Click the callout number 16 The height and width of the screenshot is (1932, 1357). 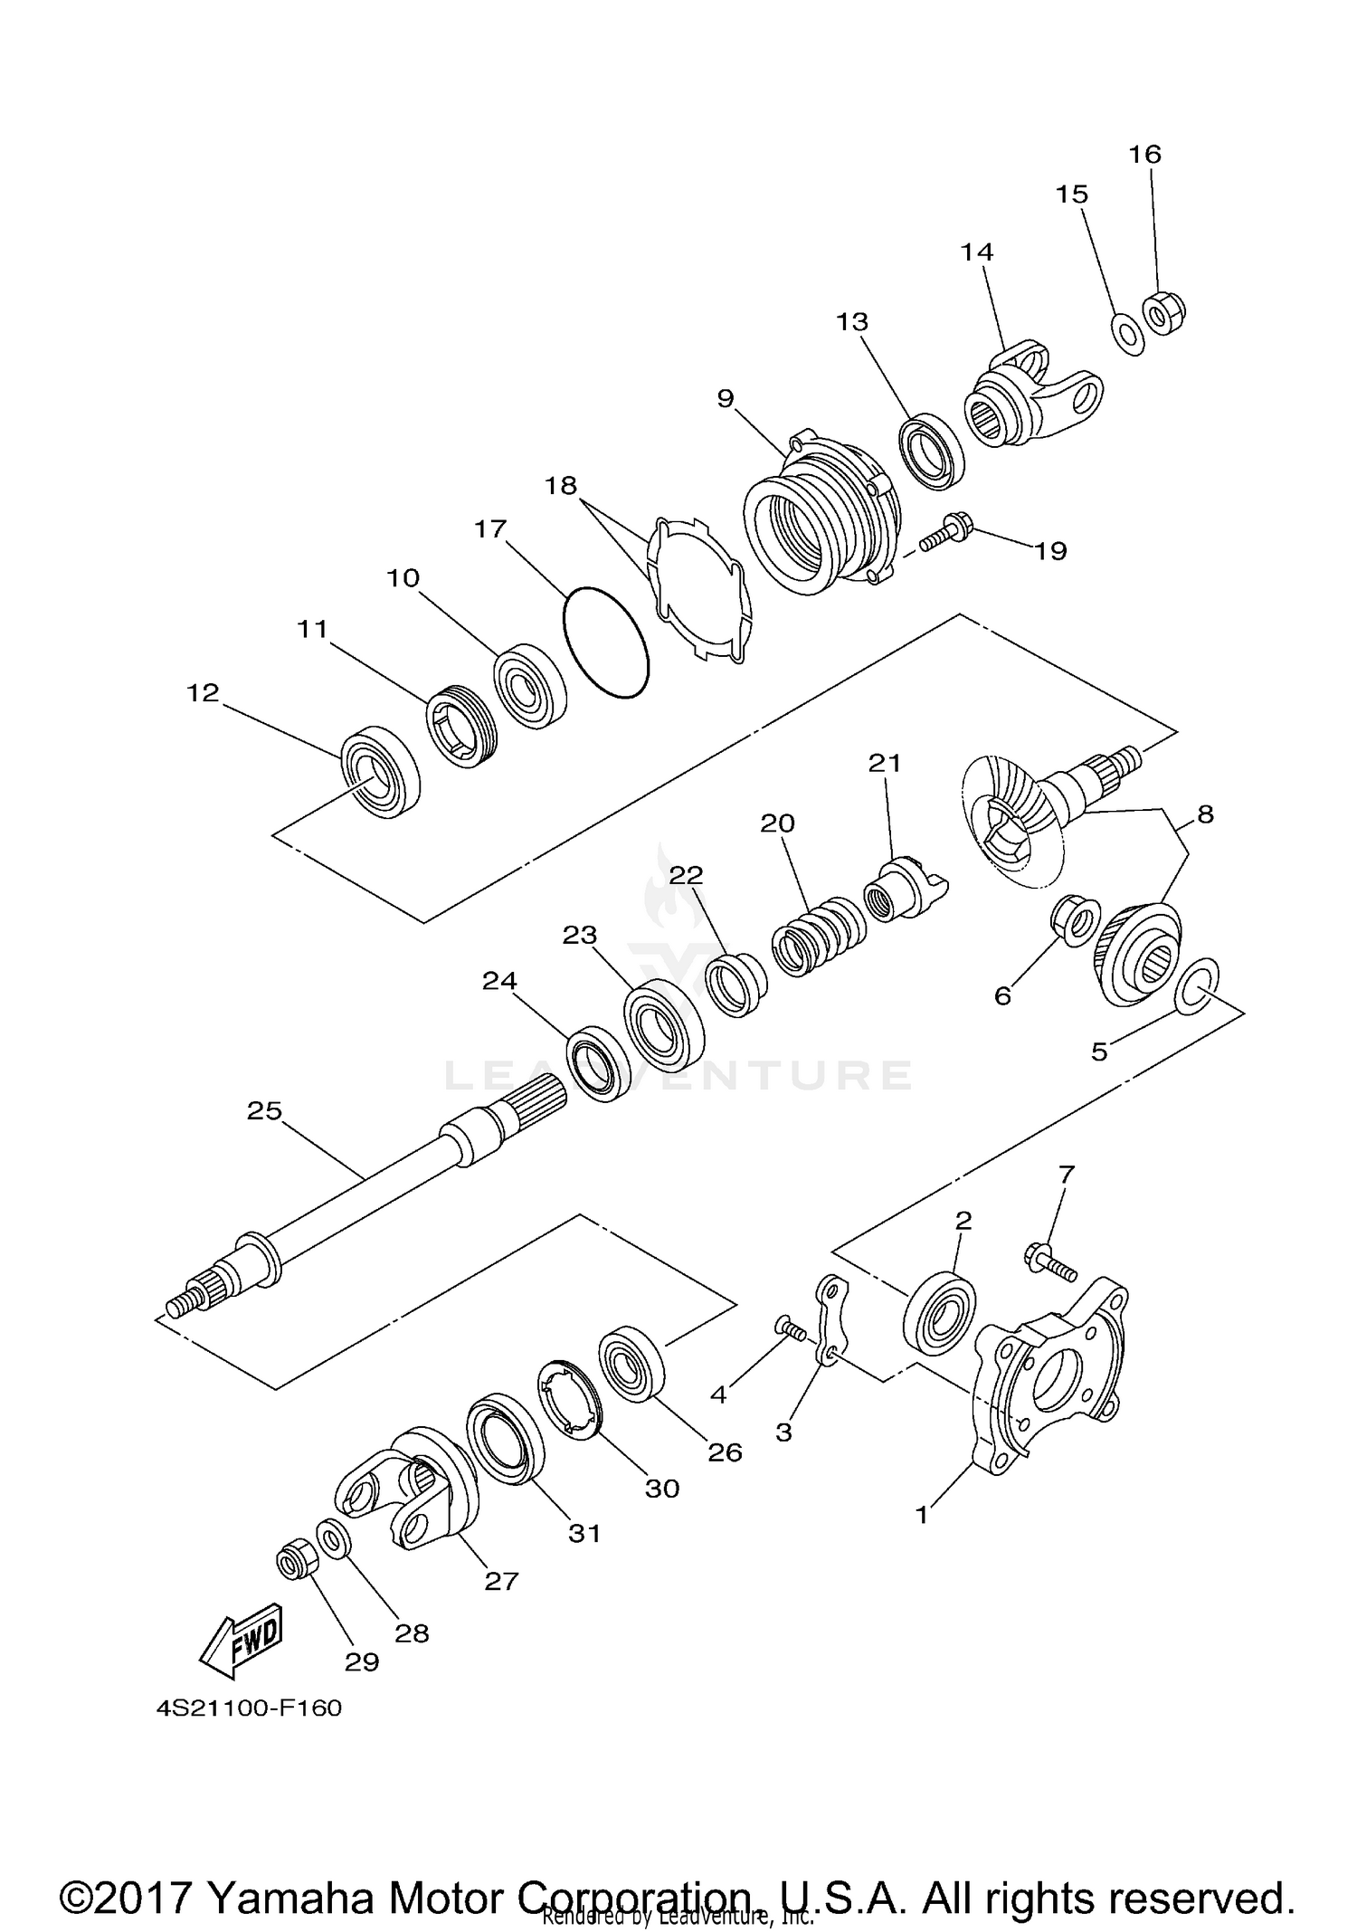pyautogui.click(x=1144, y=155)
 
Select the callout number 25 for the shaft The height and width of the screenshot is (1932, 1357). pyautogui.click(x=264, y=1110)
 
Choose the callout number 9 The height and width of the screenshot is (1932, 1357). pyautogui.click(x=726, y=399)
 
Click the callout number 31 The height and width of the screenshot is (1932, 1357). pyautogui.click(x=584, y=1533)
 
